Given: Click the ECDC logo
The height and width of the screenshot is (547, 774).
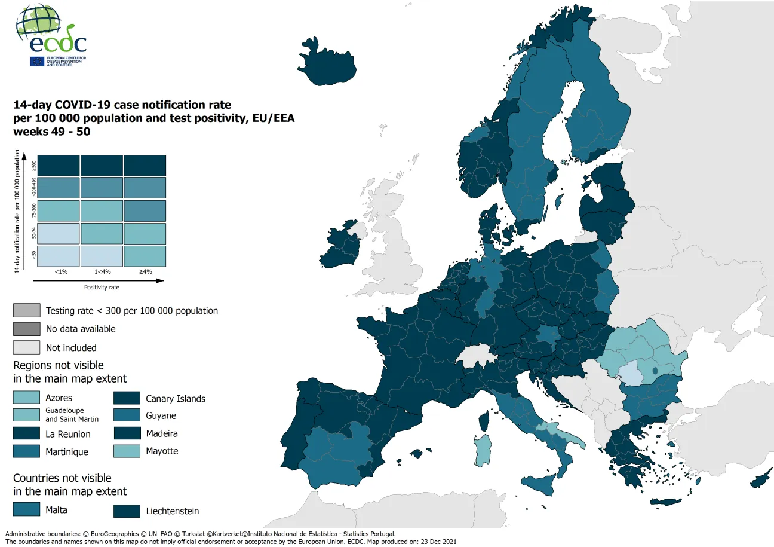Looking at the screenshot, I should coord(51,36).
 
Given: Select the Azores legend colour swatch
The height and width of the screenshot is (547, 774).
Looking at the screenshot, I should coord(26,398).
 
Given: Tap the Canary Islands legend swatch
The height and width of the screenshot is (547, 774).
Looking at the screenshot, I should coord(127,398).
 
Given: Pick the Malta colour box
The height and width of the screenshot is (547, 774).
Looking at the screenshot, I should coord(26,509).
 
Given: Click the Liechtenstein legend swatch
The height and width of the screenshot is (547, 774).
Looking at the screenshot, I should coord(127,511).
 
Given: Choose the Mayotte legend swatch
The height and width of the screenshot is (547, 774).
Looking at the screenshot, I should coord(127,451).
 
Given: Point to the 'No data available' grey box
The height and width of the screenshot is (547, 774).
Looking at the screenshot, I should coord(26,329).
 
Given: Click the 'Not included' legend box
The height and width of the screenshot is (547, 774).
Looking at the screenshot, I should coord(26,347).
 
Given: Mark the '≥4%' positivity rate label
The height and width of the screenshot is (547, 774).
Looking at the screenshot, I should coord(145,271).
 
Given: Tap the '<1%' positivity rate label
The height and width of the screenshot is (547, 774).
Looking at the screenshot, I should coord(61,271).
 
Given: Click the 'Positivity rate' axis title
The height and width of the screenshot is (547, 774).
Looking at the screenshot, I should coord(102,287).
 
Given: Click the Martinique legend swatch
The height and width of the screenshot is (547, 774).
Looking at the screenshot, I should coord(26,451).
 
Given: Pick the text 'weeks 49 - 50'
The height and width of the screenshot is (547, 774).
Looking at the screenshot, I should coord(52,132).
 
